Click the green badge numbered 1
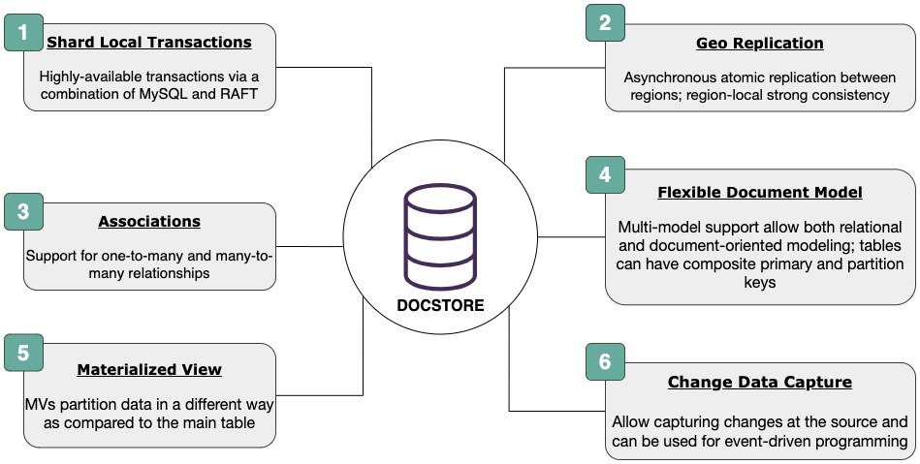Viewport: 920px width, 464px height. click(x=23, y=33)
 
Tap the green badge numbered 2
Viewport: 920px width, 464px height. click(x=605, y=23)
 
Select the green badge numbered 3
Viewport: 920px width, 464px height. click(x=23, y=211)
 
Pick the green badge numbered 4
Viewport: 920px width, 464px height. click(x=605, y=174)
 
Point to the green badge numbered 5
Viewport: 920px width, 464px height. click(x=23, y=353)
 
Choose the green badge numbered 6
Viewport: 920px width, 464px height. click(x=605, y=362)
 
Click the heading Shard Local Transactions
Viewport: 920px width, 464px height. click(x=149, y=43)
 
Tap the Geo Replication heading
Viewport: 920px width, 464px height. click(x=760, y=43)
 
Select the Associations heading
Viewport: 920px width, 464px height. click(x=149, y=221)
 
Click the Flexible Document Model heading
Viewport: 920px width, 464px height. click(x=760, y=192)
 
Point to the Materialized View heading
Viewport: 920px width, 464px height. click(x=149, y=370)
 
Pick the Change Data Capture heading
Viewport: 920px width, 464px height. click(x=760, y=382)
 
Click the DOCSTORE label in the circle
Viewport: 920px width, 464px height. click(x=440, y=305)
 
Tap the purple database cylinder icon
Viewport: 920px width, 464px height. click(x=440, y=234)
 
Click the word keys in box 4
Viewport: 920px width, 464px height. click(x=760, y=282)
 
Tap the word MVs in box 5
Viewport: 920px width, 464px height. click(x=39, y=404)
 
